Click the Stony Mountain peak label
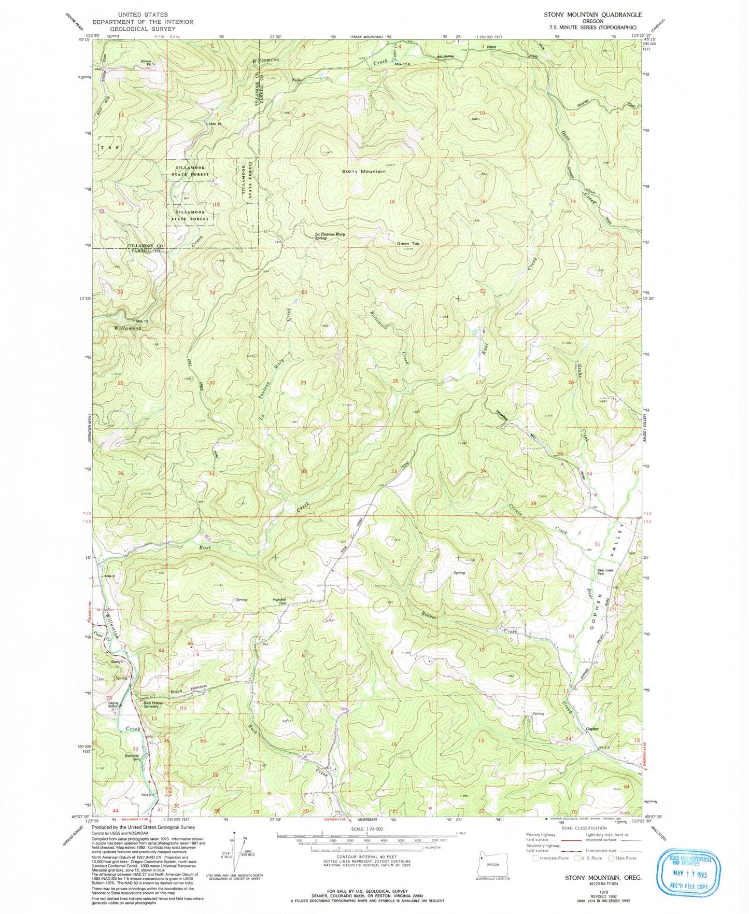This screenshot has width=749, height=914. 363,171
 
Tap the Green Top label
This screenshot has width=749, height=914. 408,243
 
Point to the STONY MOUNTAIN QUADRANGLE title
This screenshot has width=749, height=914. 592,15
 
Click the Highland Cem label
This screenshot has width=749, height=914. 280,601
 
